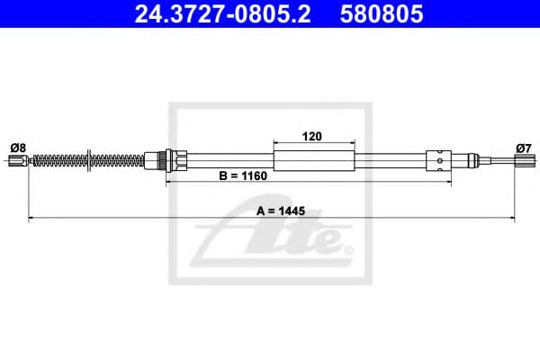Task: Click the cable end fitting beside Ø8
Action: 15,162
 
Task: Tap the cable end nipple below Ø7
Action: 521,162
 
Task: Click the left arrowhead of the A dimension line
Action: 32,218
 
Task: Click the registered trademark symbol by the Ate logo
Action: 349,249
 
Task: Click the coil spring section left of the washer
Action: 58,162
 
